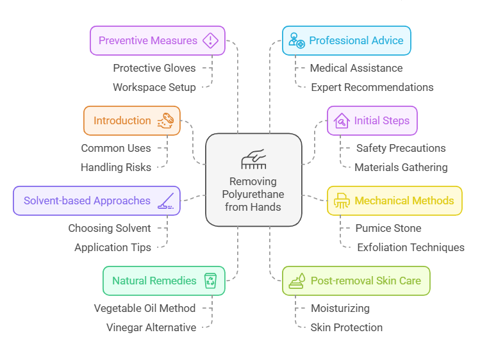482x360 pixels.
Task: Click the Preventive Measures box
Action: tap(157, 40)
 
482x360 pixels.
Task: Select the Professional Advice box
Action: tap(346, 40)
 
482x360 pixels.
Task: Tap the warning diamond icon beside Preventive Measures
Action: tap(210, 40)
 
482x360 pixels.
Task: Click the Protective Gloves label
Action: tap(154, 68)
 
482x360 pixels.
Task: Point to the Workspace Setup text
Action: tap(154, 87)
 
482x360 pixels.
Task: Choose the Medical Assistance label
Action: tap(356, 68)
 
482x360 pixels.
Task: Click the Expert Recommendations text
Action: tap(372, 87)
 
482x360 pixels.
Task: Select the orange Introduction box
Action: tap(132, 120)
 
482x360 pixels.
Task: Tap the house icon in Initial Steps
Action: tap(341, 120)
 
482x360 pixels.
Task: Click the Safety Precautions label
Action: tap(401, 148)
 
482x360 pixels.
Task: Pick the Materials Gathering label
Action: tap(401, 167)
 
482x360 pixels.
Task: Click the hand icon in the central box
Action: tap(253, 158)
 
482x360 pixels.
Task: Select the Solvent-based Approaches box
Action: tap(97, 200)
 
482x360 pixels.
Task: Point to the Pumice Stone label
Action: tap(388, 228)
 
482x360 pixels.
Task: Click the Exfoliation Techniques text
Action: tap(410, 247)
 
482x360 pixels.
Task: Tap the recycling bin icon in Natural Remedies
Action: tap(210, 281)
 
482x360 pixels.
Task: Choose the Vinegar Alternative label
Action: tap(151, 327)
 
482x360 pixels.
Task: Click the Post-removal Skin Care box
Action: tap(356, 281)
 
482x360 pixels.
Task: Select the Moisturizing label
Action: tap(340, 308)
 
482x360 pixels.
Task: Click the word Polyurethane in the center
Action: tap(254, 194)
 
